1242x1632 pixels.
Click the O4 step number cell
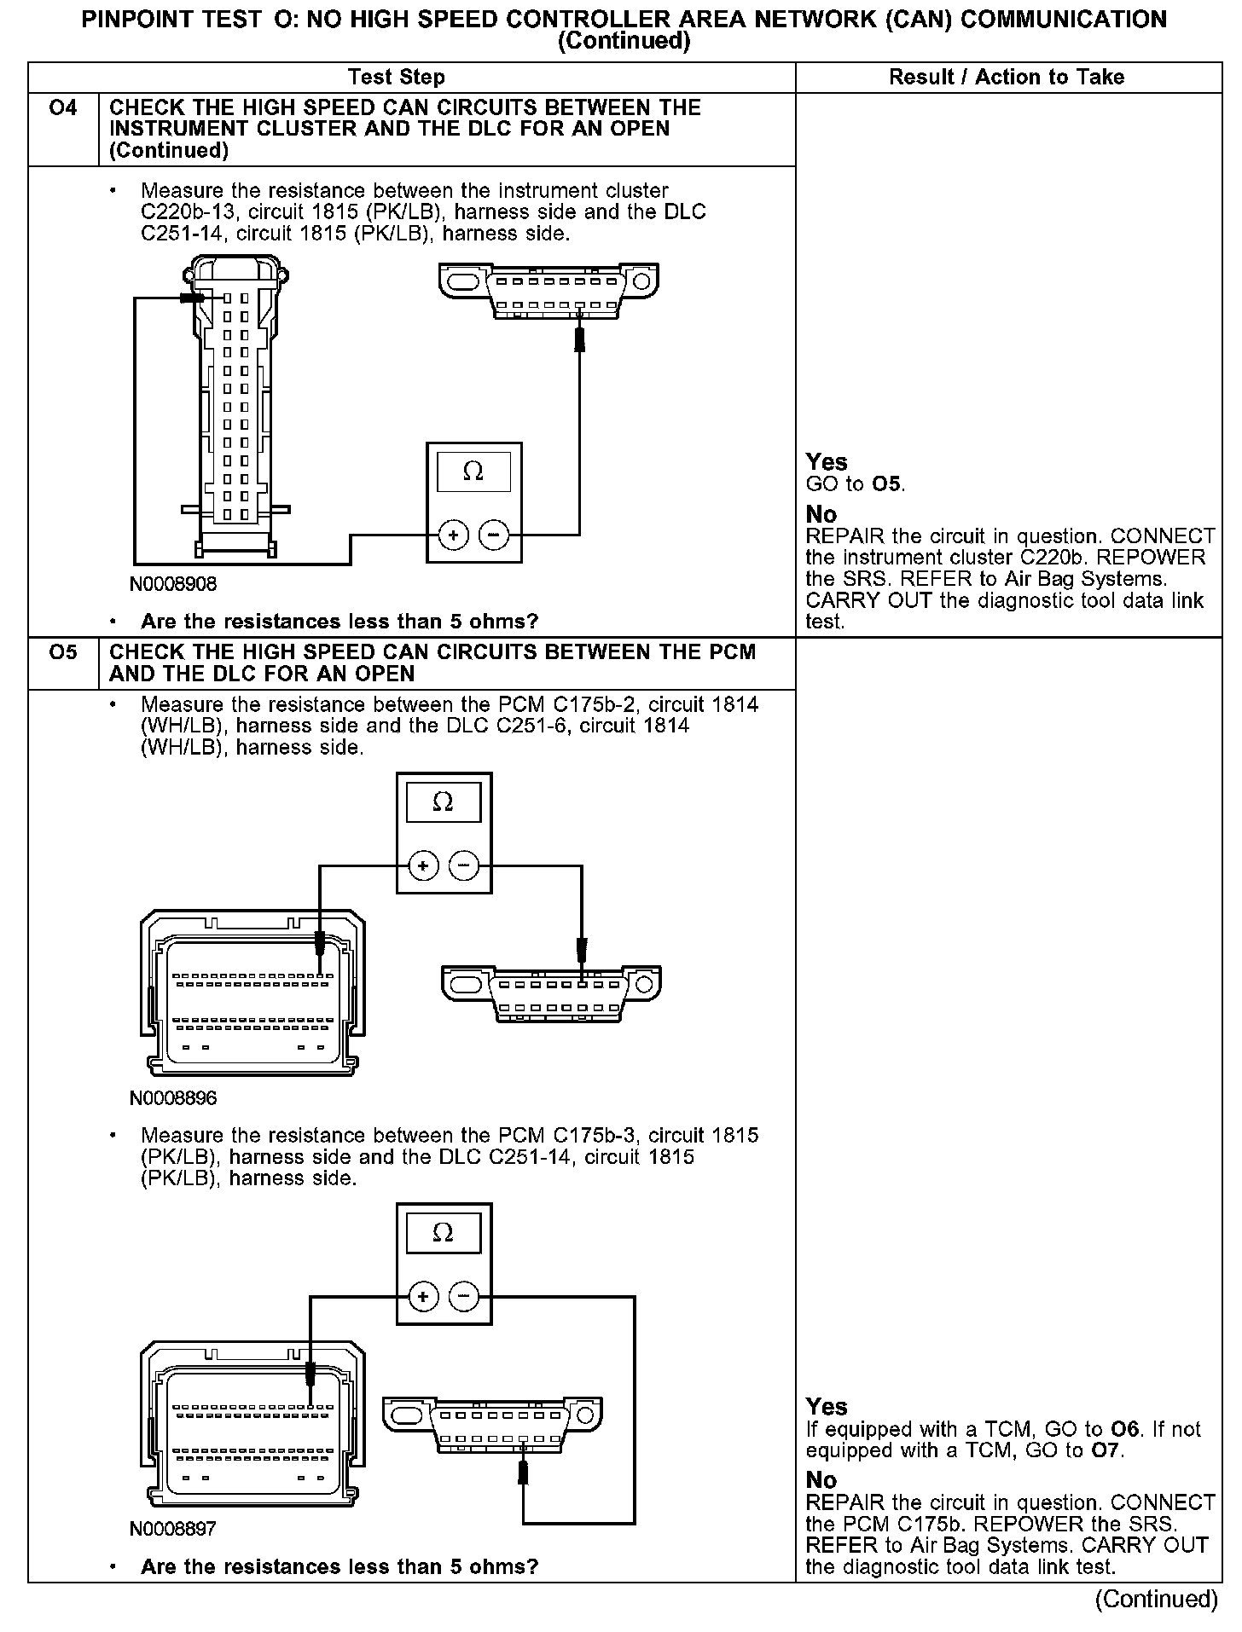coord(63,108)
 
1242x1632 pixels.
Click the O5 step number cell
coord(63,652)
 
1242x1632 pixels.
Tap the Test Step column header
coord(397,78)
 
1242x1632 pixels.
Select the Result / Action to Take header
coord(1007,78)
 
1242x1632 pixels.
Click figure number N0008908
coord(173,584)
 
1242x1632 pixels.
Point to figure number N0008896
coord(173,1098)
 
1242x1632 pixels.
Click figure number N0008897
coord(173,1529)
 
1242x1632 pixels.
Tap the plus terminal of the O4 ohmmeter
coord(453,535)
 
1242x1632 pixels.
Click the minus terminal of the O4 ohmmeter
coord(494,535)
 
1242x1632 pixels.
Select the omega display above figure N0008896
coord(444,802)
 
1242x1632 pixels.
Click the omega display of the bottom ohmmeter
coord(444,1233)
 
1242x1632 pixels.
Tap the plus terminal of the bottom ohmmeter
coord(423,1297)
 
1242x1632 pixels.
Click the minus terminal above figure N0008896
coord(464,866)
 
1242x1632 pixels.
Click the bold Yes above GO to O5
coord(827,462)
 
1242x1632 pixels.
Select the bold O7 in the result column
coord(1106,1450)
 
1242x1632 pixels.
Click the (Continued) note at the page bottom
coord(1156,1600)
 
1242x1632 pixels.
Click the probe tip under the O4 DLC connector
coord(579,338)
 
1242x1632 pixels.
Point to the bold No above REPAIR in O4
coord(821,515)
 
